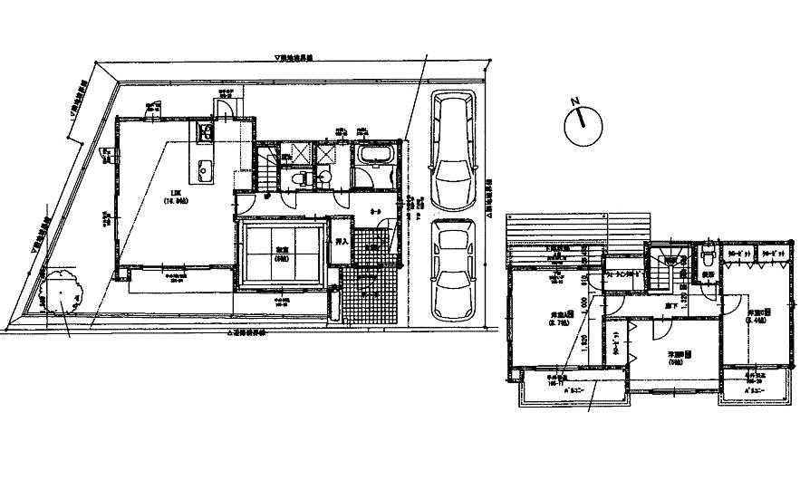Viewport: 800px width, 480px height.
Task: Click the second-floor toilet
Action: [707, 258]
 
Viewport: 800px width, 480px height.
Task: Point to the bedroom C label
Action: [757, 315]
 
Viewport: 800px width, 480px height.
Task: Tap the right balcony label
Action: [754, 390]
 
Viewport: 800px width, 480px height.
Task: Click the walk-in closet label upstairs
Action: [622, 273]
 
